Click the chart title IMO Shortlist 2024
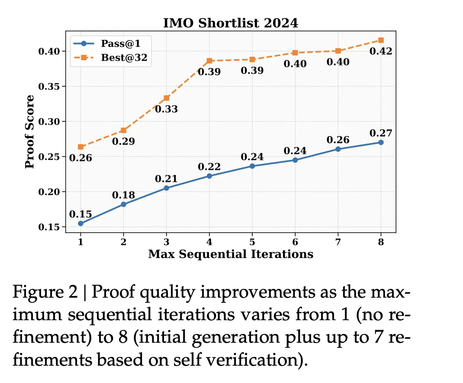(231, 23)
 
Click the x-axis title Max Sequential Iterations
(231, 254)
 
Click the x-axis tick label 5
(252, 243)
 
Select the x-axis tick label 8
(381, 243)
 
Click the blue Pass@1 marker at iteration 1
(80, 223)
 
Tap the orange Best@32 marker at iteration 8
(381, 40)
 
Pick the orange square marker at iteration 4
(209, 61)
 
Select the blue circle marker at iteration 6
(295, 160)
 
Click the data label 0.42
(381, 52)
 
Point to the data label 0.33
(167, 109)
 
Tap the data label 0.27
(381, 133)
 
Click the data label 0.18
(124, 195)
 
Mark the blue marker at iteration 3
(167, 188)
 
